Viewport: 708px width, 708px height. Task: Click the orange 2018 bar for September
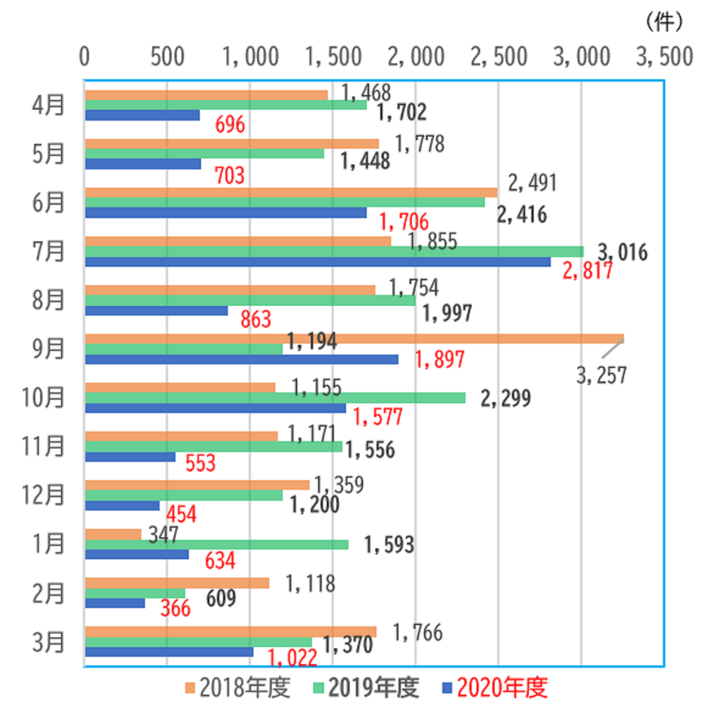[354, 338]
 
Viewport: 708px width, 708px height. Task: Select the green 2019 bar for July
[334, 251]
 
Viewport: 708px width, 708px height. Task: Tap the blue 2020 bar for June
[226, 212]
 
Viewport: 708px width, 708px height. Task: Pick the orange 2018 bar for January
[113, 534]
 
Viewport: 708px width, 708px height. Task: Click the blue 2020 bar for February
[115, 603]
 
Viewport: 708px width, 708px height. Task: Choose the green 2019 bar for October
[275, 398]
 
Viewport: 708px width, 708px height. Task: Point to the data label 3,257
[601, 375]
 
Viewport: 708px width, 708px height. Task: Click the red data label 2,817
[585, 272]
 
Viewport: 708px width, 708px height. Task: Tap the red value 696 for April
[230, 124]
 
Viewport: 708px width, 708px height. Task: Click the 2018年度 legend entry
[239, 687]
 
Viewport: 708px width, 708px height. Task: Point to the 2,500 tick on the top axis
[499, 57]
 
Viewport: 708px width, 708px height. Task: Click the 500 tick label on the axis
[167, 57]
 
